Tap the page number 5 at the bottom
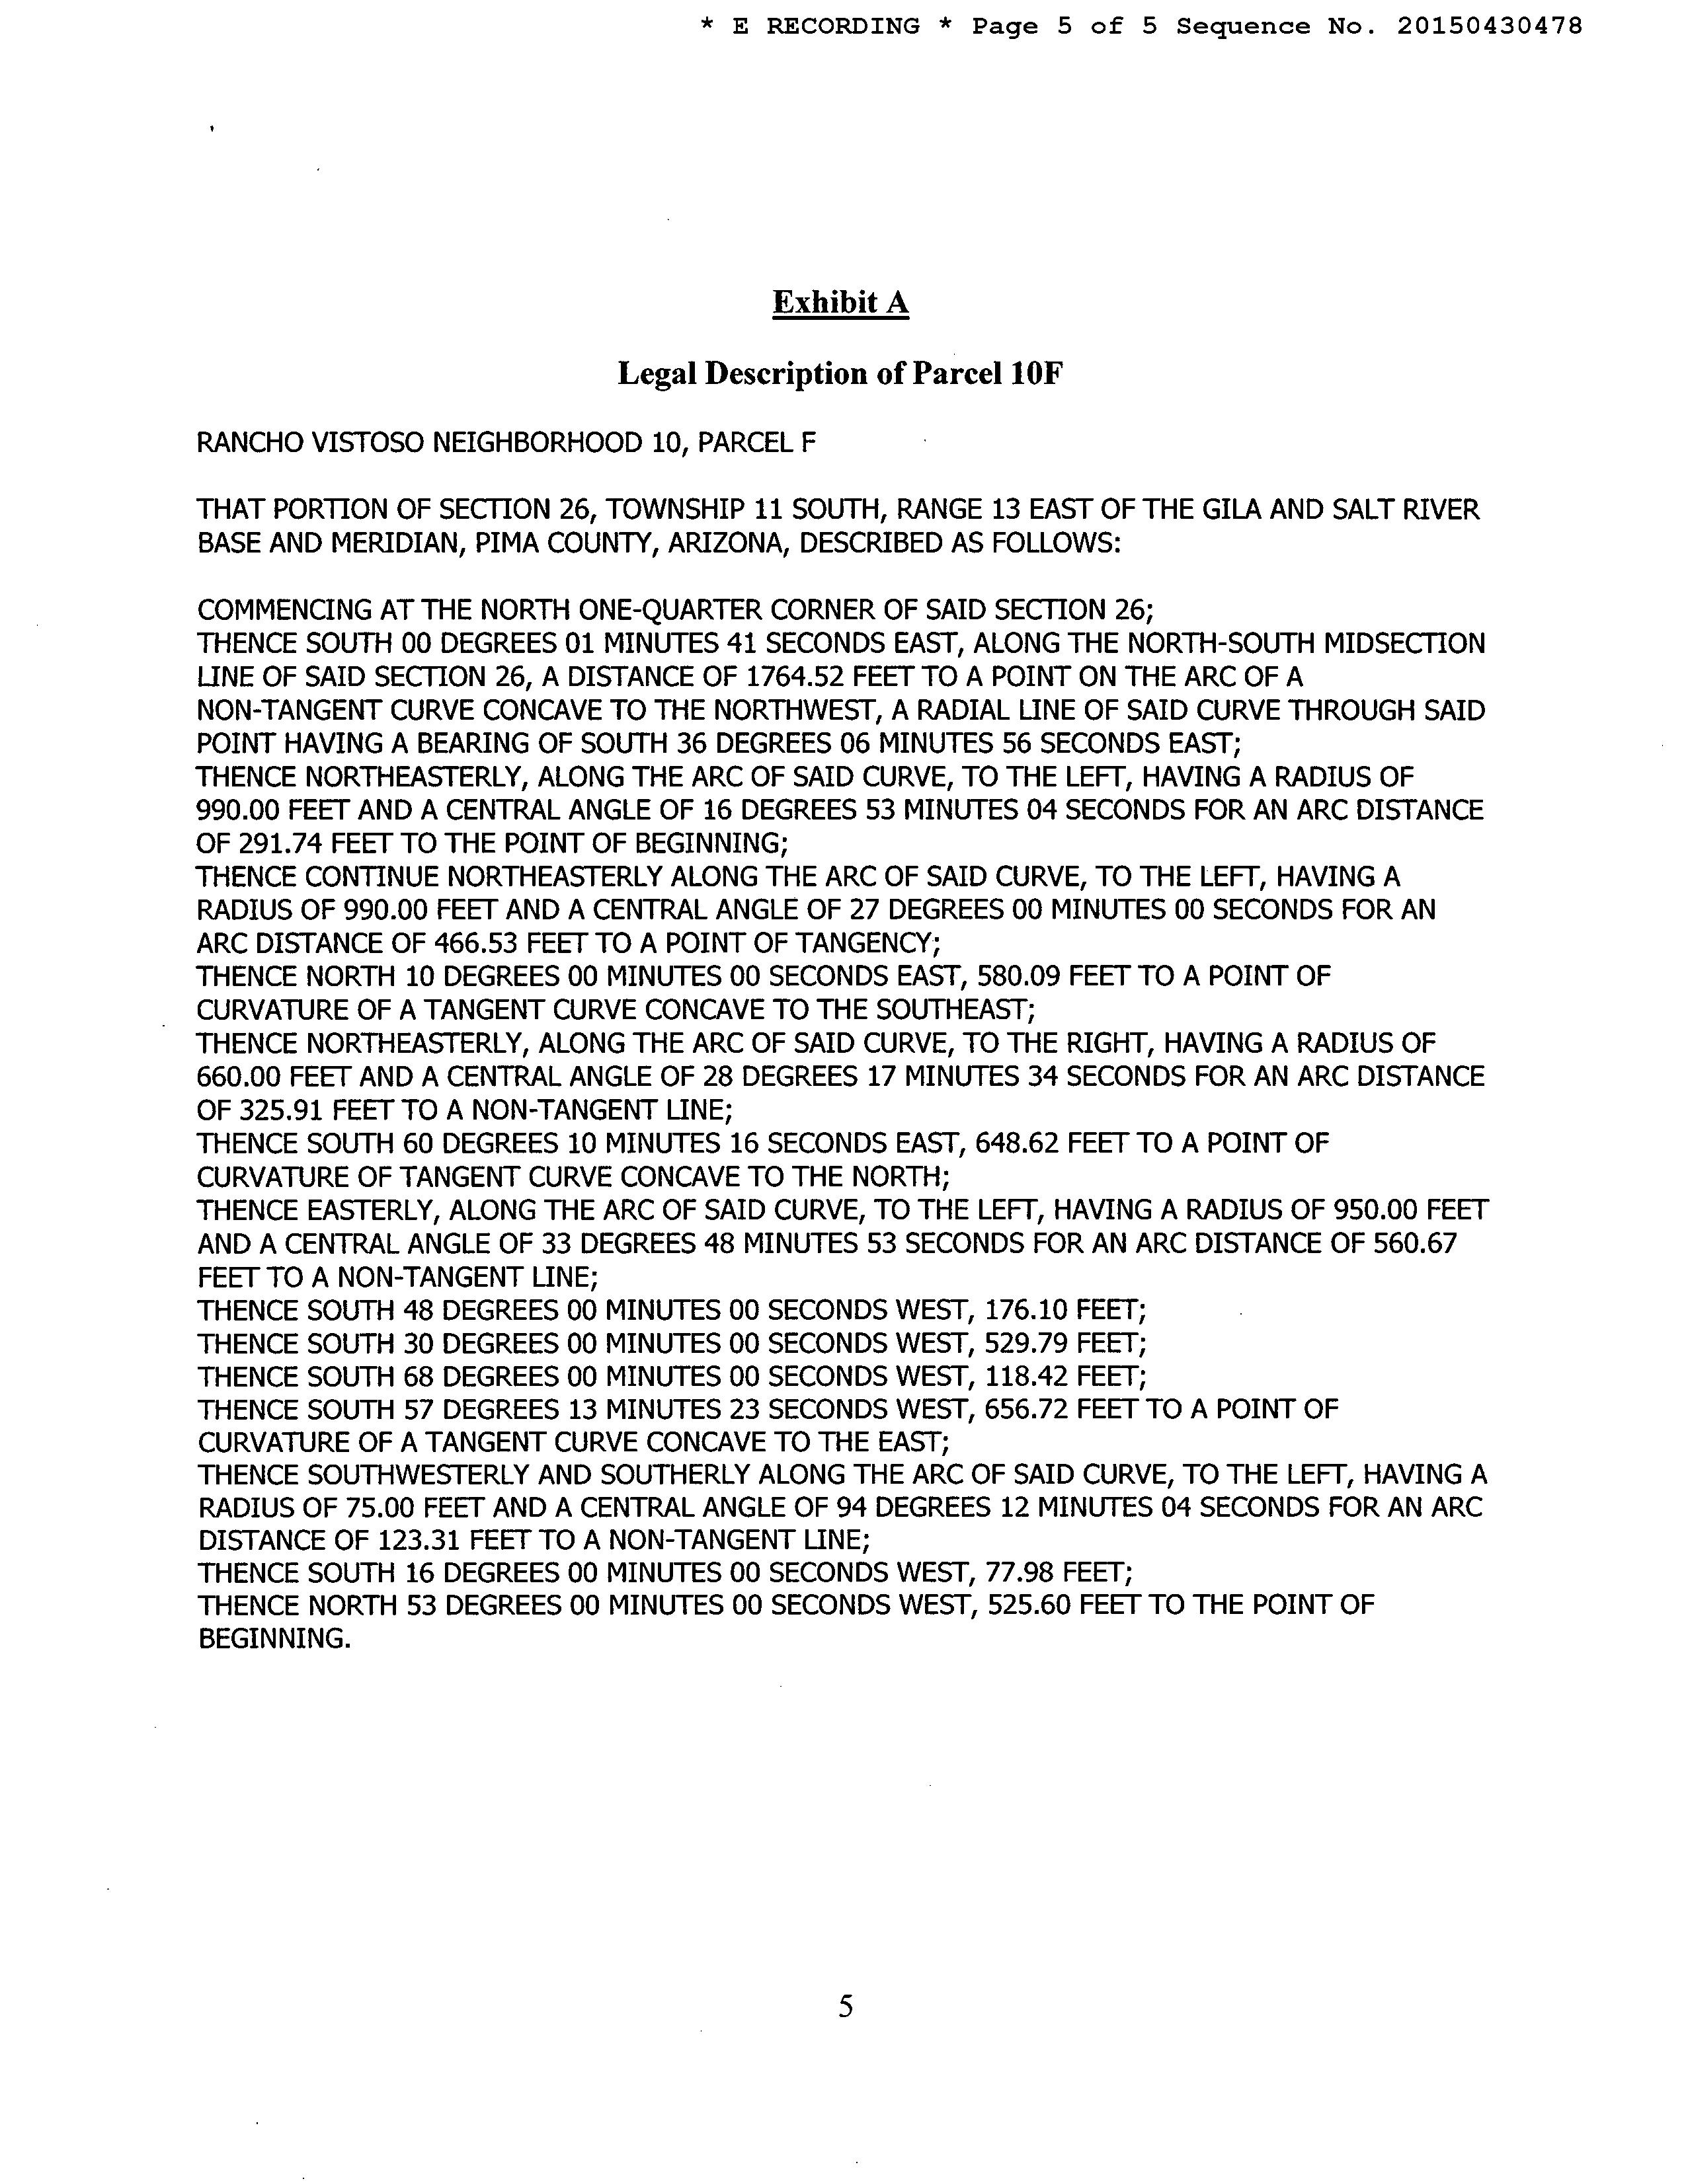tap(845, 2005)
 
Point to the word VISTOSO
tap(368, 442)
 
